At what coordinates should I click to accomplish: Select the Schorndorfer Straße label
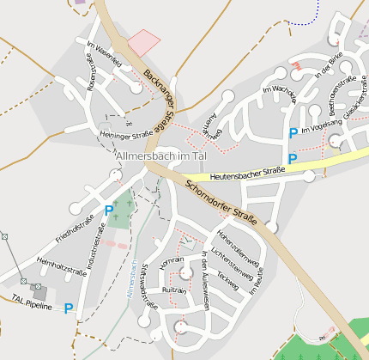[x=221, y=203]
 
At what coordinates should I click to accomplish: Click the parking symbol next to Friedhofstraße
[x=109, y=210]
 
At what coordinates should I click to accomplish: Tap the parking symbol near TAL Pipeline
[x=68, y=308]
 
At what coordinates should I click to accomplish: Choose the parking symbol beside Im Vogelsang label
[x=293, y=133]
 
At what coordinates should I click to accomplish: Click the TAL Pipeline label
[x=32, y=302]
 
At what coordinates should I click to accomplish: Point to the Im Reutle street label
[x=255, y=281]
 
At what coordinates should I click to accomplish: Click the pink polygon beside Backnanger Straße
[x=143, y=42]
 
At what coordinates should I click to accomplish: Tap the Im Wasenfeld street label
[x=104, y=55]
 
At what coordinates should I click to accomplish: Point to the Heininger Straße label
[x=125, y=135]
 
